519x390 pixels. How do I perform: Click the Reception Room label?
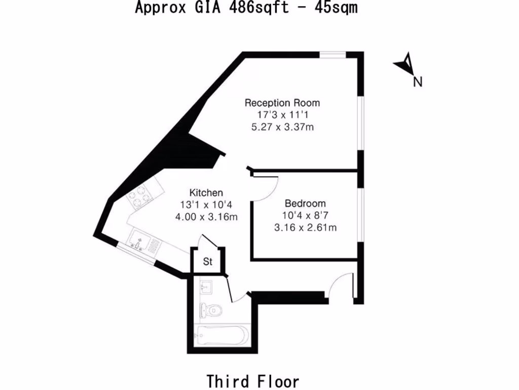[x=282, y=103]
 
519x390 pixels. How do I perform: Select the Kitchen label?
[x=206, y=193]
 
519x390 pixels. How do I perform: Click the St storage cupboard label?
[x=208, y=262]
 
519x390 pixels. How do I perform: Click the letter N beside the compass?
[x=418, y=82]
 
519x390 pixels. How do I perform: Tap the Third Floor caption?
[x=252, y=381]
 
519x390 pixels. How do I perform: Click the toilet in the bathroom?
[x=211, y=309]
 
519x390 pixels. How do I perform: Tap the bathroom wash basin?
[x=207, y=287]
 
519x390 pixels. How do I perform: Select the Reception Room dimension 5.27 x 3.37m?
[x=282, y=127]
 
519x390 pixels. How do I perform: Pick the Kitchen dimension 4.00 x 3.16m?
[x=206, y=217]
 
